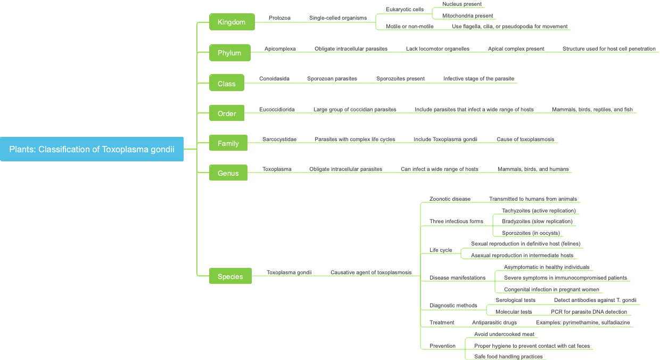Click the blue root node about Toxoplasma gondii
92,149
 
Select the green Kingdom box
232,22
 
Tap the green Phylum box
229,53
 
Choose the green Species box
230,276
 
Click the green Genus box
228,173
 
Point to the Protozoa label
279,18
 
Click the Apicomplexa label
280,48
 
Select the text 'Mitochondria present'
467,15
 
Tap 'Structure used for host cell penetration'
609,48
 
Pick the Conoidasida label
274,78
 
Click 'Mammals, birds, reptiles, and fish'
592,109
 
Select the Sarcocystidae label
279,139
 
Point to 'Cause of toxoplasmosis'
525,139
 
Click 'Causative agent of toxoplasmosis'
370,272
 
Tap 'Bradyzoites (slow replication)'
537,221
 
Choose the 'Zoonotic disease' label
450,199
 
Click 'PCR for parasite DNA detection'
589,312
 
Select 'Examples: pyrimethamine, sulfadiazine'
583,322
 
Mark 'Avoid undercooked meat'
504,334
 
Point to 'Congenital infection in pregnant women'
551,289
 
